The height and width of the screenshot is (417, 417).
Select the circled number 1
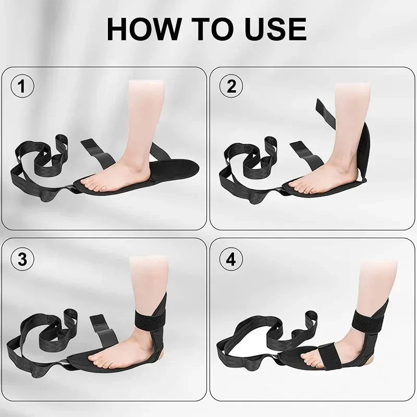pos(22,86)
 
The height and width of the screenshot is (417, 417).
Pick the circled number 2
pos(231,86)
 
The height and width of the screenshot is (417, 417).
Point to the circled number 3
pos(22,259)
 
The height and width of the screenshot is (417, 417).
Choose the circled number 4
pos(231,259)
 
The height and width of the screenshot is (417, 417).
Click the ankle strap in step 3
pos(150,318)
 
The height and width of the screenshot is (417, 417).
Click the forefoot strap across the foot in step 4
pos(330,356)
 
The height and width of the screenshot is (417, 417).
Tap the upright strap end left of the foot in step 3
pos(104,332)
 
